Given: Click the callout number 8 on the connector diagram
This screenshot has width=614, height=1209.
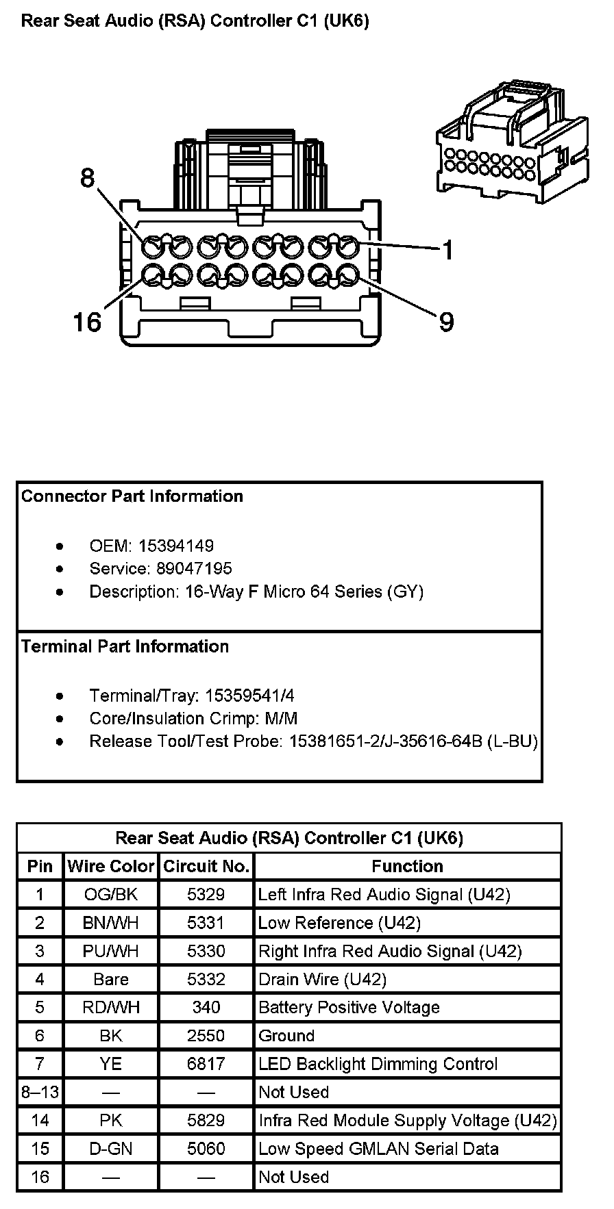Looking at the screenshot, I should [87, 178].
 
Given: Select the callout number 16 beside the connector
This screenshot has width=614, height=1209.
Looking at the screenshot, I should [87, 321].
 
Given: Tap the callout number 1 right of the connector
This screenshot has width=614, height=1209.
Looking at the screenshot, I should [447, 251].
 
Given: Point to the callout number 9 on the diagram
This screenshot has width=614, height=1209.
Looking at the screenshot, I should [446, 321].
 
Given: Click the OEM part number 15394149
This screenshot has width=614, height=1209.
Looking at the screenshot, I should [175, 546].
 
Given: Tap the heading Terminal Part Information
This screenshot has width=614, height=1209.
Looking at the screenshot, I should [125, 646].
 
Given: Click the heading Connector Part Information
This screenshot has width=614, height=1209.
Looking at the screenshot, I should [132, 496].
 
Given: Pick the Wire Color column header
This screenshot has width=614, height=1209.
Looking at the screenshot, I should [111, 866].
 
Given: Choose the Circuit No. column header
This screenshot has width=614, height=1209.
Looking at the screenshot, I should [206, 866].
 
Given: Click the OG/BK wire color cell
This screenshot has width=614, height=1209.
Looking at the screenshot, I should [111, 894].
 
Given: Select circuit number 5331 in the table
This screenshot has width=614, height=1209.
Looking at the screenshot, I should [206, 923].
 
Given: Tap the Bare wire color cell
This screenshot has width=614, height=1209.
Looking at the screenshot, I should [111, 979].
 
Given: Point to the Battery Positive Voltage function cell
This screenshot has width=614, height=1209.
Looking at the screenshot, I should [349, 1007].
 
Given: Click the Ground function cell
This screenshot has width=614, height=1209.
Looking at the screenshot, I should [286, 1035].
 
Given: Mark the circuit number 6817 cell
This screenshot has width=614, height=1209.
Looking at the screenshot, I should [206, 1064].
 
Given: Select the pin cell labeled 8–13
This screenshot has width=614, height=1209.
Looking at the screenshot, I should [40, 1092].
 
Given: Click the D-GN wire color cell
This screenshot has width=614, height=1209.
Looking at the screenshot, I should [111, 1148].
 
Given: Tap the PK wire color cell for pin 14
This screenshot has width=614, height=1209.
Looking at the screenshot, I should [111, 1120].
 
